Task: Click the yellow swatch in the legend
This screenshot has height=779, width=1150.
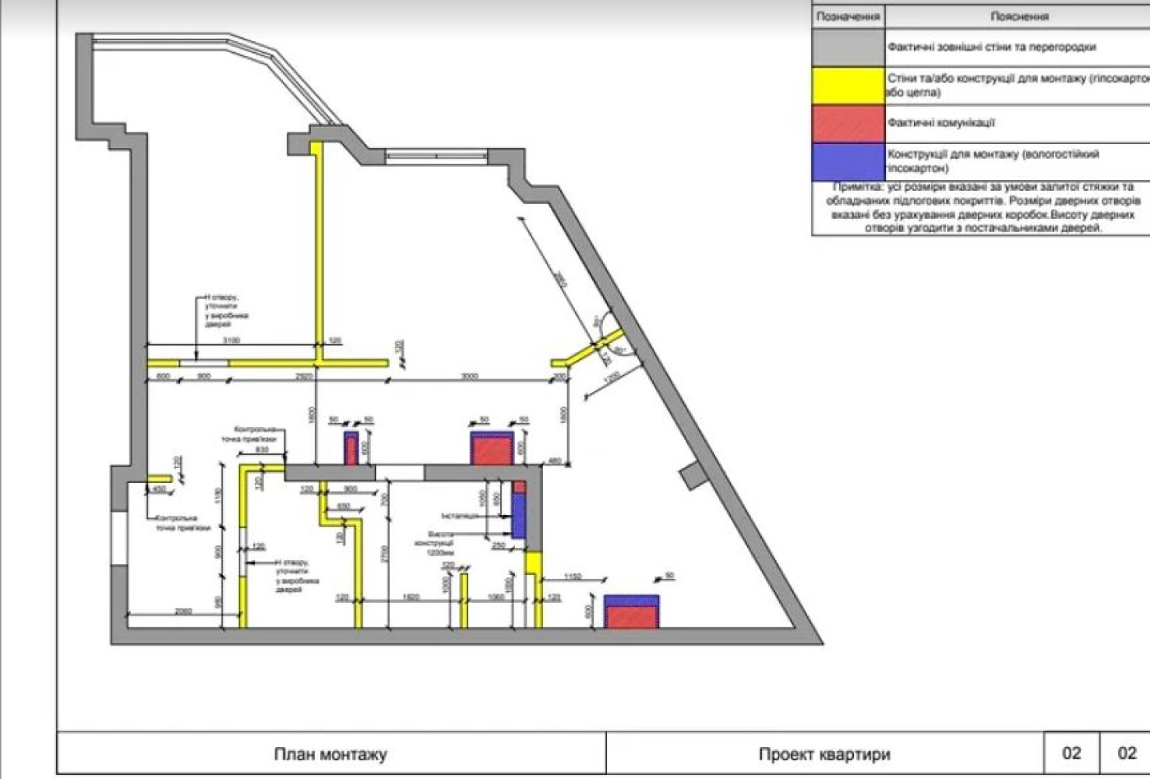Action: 848,86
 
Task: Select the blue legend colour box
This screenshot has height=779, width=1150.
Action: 848,162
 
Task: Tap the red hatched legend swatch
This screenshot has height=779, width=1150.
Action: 848,123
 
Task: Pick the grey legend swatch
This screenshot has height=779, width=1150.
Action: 848,48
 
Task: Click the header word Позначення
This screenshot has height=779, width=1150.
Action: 848,16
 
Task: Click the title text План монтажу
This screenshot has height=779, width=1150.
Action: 330,754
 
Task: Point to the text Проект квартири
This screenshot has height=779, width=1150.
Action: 824,754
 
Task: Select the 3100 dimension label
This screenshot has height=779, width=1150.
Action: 231,340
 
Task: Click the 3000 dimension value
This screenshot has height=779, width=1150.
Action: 469,376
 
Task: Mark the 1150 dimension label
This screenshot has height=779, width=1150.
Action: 573,577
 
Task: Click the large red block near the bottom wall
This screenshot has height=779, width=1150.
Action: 632,616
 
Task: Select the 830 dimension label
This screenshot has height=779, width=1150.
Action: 262,449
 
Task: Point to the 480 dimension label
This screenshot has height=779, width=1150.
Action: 554,462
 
